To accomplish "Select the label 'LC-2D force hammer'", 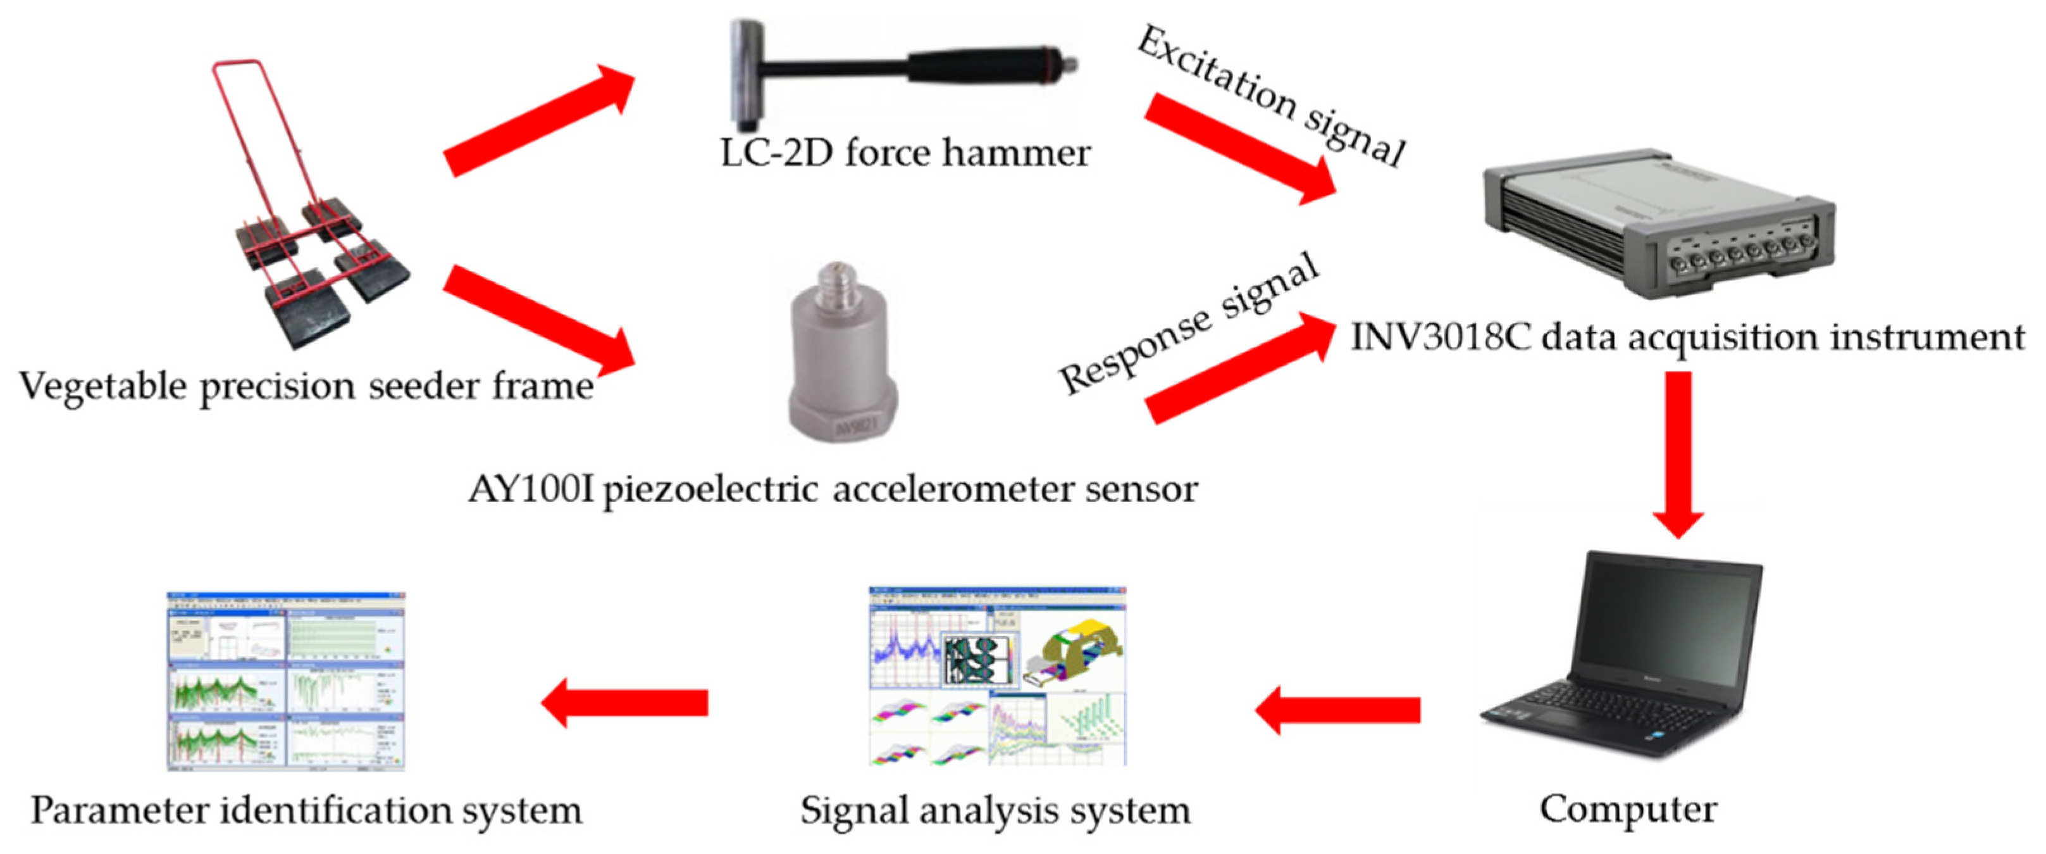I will click(905, 153).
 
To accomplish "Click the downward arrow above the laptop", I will click(1678, 453).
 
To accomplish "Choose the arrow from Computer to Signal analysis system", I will click(1338, 710).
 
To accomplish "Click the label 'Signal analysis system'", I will click(995, 811).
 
